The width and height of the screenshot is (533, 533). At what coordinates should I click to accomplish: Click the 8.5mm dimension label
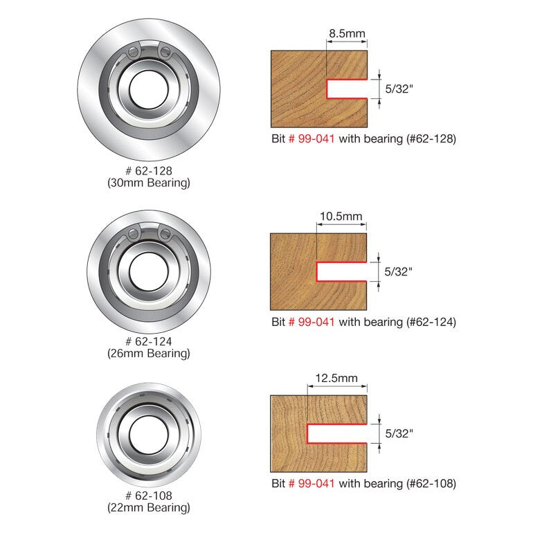tap(347, 34)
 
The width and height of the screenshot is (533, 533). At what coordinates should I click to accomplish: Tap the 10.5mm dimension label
tap(340, 217)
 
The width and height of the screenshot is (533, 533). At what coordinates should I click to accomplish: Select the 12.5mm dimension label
tap(336, 378)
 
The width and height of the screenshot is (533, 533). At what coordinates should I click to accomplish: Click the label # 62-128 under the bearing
tap(148, 171)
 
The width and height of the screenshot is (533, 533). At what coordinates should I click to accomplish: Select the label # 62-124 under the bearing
tap(148, 341)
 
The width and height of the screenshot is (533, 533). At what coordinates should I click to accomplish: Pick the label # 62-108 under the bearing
tap(148, 496)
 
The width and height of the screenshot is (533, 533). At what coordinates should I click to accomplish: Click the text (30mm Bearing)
tap(148, 183)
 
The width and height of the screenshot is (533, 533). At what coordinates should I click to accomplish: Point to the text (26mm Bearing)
tap(148, 354)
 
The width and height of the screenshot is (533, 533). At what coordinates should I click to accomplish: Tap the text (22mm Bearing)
tap(148, 508)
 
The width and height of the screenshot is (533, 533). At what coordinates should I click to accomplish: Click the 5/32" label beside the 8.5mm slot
tap(399, 89)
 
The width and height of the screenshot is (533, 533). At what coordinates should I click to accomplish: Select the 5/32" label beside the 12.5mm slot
tap(399, 434)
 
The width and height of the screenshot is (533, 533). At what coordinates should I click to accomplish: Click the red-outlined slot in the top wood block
tap(345, 89)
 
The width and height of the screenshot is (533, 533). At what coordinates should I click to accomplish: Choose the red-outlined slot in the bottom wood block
tap(335, 434)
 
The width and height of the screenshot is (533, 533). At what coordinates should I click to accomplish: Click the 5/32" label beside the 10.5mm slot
tap(399, 272)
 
